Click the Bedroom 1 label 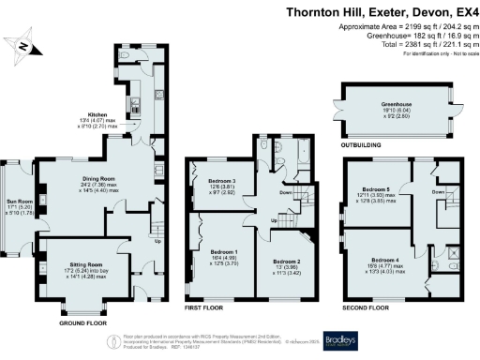click(x=224, y=252)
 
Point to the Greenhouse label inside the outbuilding click(x=397, y=104)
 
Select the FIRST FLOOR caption click(x=209, y=307)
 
